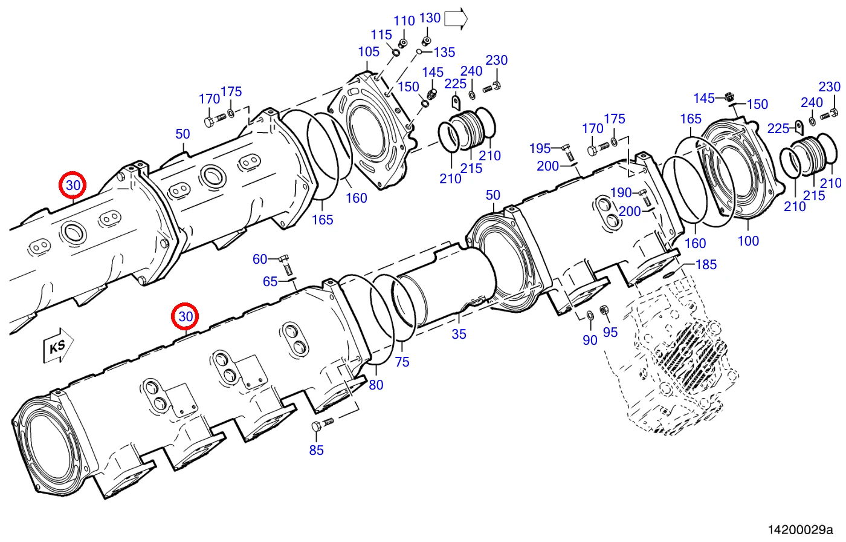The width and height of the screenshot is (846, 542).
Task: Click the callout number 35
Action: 459,334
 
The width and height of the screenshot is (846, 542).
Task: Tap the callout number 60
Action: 260,259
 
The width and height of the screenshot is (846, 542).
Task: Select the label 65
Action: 270,281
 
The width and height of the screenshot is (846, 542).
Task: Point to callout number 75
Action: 402,362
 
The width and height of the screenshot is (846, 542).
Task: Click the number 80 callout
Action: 376,385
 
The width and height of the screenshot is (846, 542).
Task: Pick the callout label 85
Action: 316,450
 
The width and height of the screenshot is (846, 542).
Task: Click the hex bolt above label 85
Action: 322,424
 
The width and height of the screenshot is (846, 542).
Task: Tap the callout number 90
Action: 590,340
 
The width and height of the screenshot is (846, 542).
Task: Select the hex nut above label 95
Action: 604,310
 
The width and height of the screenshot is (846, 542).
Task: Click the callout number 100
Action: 748,241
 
